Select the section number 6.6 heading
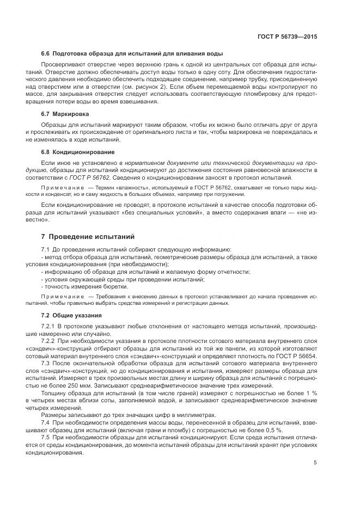46,53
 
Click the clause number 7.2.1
50,326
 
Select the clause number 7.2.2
50,340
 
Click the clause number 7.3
46,361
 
